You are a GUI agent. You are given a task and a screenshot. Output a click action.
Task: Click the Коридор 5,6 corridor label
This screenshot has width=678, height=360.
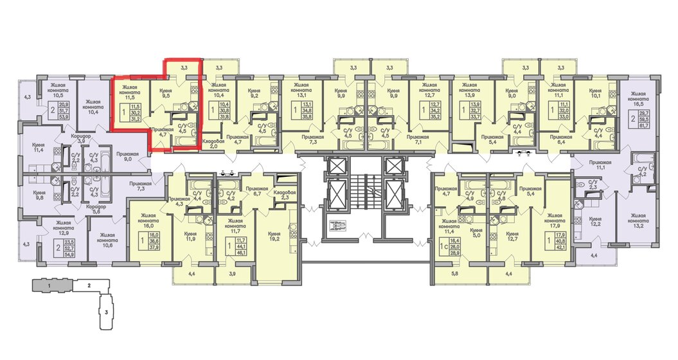click(x=98, y=210)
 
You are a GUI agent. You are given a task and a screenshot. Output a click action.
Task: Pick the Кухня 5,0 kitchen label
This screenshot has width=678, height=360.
click(x=476, y=233)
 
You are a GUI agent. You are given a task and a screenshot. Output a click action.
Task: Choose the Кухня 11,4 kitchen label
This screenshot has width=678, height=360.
click(x=39, y=152)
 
